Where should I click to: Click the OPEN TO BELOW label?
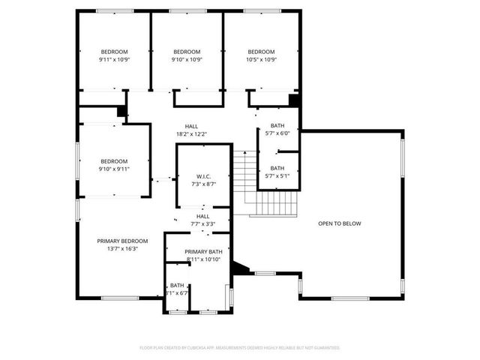click(340, 223)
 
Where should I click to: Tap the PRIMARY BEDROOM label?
click(122, 241)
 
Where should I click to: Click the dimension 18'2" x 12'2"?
click(191, 134)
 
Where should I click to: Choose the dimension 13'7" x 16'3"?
click(122, 249)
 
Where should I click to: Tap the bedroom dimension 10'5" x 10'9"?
click(262, 60)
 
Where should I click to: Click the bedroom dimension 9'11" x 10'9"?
click(114, 60)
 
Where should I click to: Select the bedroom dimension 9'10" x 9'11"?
click(114, 169)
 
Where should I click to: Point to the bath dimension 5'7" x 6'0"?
click(277, 133)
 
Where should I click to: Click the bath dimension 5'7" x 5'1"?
click(277, 176)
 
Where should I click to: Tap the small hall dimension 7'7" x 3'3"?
click(202, 223)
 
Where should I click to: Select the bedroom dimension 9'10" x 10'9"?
click(187, 60)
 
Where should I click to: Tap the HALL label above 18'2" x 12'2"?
click(191, 126)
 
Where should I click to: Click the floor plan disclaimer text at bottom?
click(240, 348)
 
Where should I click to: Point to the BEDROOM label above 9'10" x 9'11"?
click(114, 160)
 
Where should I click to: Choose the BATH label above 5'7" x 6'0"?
click(277, 125)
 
